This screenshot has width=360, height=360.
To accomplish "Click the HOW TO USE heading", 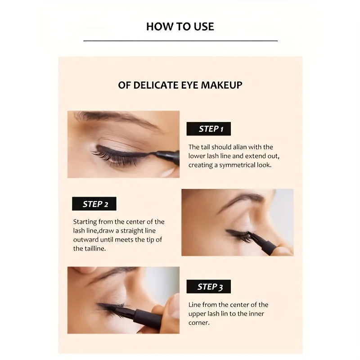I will tap(180, 27).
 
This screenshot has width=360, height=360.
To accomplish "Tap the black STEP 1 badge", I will tap(208, 129).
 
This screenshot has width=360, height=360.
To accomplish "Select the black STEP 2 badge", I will tap(94, 204).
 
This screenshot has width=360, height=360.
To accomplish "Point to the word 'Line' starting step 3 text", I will tap(196, 305).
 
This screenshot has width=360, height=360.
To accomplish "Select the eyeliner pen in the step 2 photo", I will tap(265, 243).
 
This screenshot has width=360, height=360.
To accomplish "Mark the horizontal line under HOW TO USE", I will tap(180, 41).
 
